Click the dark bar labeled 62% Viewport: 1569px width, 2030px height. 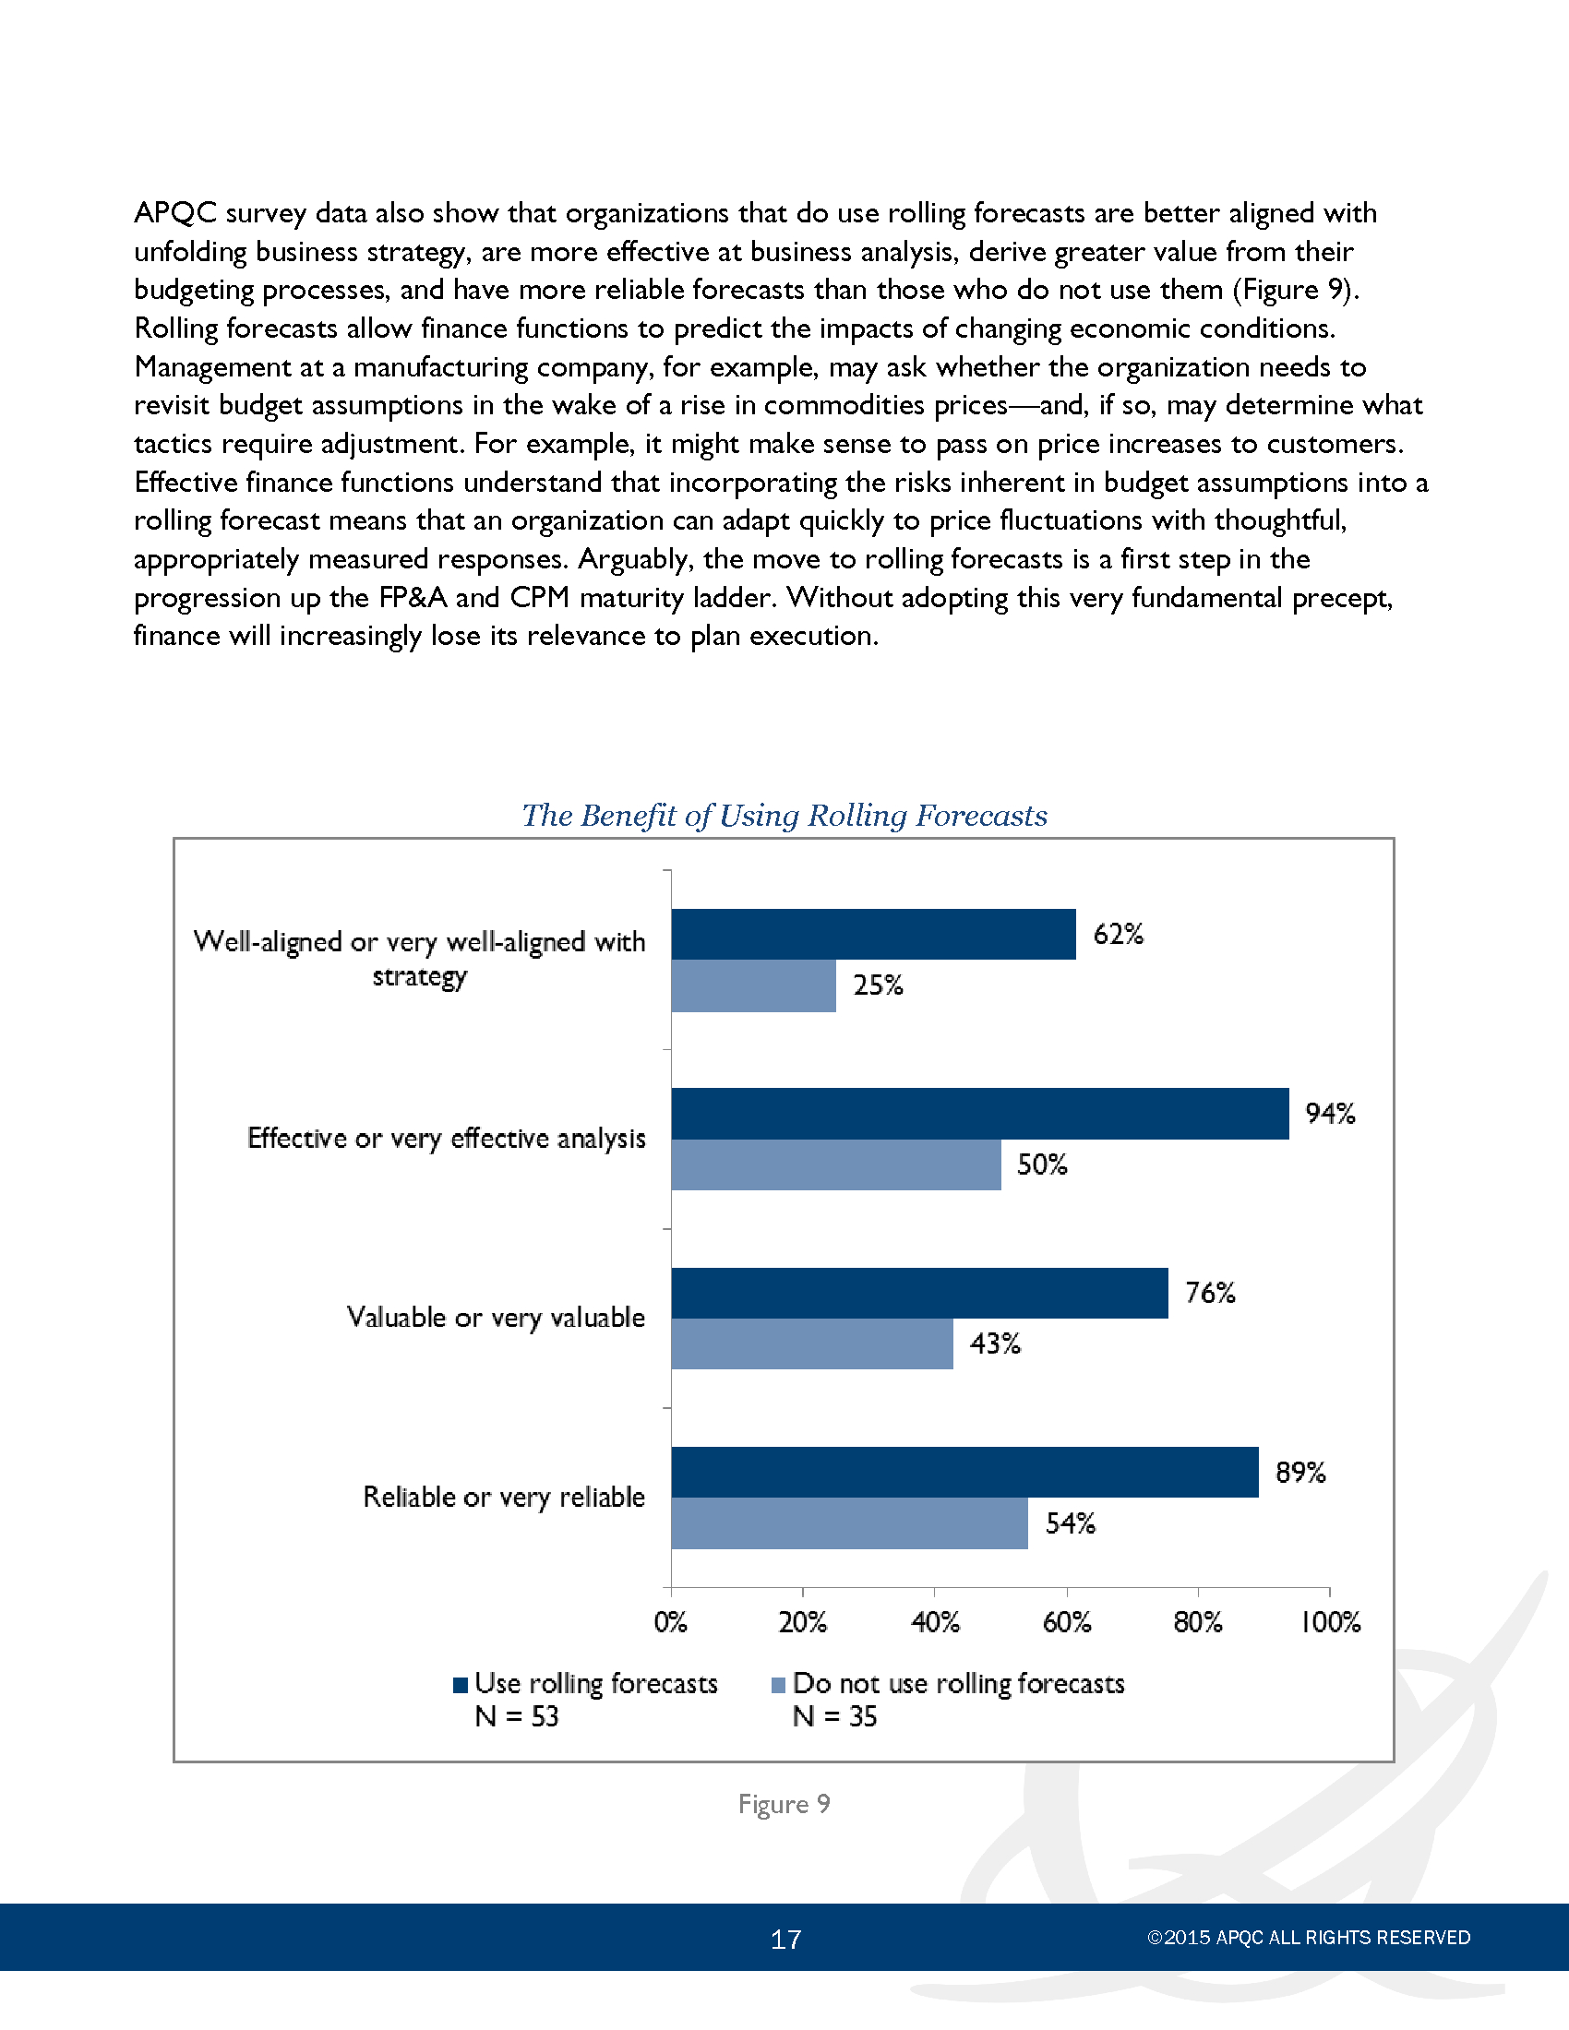[874, 934]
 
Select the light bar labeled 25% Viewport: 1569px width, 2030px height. [754, 985]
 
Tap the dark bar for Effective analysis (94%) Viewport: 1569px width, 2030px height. [980, 1114]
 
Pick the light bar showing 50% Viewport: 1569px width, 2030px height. [836, 1164]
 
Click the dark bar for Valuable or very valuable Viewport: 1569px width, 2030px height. [920, 1293]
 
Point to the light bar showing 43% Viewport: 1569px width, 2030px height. [812, 1343]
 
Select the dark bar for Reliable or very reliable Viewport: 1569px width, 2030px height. [964, 1473]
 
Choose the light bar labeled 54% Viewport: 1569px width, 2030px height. [849, 1523]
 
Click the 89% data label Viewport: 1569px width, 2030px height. [1300, 1473]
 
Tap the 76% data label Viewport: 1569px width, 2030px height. [1210, 1293]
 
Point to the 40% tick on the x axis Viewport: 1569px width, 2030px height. [935, 1622]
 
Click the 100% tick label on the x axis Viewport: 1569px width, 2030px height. [1330, 1622]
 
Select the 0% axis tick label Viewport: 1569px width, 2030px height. [671, 1622]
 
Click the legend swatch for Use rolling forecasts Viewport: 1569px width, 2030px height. [461, 1685]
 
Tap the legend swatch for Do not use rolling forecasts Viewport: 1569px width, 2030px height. [779, 1685]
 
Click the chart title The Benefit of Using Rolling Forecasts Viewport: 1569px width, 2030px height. [784, 815]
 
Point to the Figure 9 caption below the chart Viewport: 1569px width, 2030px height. [784, 1804]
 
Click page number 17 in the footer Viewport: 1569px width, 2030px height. [785, 1939]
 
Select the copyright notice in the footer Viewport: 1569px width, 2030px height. [1309, 1938]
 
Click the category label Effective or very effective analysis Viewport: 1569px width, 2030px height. [446, 1139]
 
